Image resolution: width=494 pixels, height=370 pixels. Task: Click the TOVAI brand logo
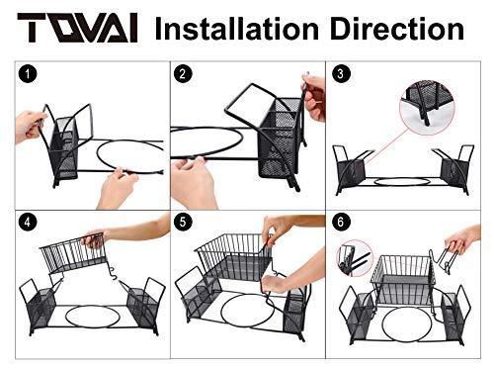click(77, 28)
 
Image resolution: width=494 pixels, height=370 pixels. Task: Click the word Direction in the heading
click(397, 29)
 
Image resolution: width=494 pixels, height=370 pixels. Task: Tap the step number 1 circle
click(28, 74)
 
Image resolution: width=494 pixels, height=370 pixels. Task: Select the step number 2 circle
click(183, 74)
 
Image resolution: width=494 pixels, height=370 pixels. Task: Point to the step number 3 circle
click(340, 74)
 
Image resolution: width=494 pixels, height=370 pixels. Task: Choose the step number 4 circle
click(28, 222)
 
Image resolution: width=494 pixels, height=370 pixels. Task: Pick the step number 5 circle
click(183, 222)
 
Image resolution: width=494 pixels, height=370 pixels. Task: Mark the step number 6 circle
click(340, 222)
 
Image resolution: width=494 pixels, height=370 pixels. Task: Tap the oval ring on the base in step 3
click(402, 182)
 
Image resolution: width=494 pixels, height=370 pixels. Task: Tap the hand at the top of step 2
click(314, 98)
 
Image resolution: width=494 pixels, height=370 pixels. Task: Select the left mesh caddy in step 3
click(351, 170)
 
